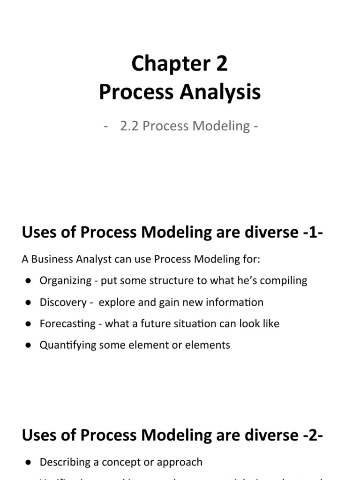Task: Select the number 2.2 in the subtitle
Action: (130, 126)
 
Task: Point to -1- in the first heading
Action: (310, 232)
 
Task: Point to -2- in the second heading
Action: (310, 435)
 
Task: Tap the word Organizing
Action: (66, 281)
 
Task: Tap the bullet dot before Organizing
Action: (29, 281)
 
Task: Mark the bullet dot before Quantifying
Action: (29, 345)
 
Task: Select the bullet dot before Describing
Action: (29, 462)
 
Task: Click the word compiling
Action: (286, 281)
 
